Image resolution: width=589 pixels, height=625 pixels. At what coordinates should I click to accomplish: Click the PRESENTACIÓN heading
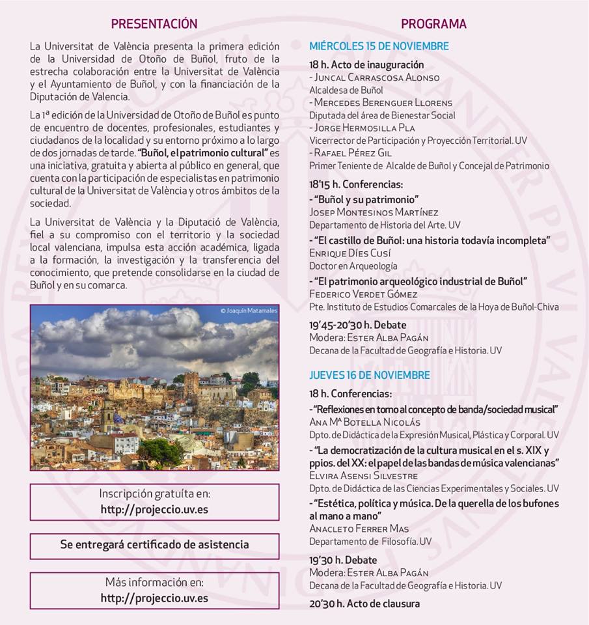tap(154, 24)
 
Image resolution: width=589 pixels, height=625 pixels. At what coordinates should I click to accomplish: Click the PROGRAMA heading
tap(433, 24)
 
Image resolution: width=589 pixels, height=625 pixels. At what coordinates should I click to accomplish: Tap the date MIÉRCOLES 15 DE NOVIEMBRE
tap(379, 46)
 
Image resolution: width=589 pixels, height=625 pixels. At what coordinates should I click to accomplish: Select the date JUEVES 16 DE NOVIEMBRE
tap(369, 376)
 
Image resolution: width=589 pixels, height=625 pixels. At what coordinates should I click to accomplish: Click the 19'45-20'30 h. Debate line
tap(357, 325)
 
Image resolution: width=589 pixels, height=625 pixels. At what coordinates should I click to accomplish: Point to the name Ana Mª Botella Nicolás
tap(364, 422)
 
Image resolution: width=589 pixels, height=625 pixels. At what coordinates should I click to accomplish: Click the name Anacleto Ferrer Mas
tap(359, 529)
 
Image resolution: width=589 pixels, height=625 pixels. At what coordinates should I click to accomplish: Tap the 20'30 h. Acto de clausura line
tap(364, 604)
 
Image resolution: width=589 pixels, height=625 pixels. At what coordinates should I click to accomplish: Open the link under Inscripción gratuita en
tap(154, 510)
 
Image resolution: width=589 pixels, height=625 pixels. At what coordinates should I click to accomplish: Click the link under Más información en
tap(154, 597)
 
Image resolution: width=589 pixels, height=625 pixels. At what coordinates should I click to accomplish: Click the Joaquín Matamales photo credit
tap(249, 311)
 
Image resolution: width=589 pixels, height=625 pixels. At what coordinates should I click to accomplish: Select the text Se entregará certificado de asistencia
tap(154, 544)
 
